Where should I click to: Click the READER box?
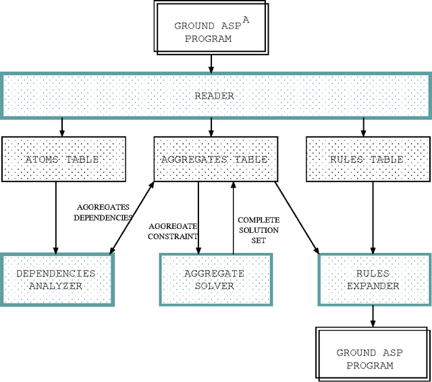pos(215,96)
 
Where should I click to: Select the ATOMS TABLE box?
pos(62,159)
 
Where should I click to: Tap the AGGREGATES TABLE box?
pos(214,159)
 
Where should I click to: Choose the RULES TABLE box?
pos(367,159)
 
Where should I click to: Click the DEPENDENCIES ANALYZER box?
pos(56,279)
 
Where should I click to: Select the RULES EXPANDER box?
pos(373,279)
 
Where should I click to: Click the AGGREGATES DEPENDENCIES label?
pos(103,212)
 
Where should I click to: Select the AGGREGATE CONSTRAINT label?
pos(173,231)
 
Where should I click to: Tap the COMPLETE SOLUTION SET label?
pos(259,229)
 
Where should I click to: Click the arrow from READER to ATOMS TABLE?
pos(62,126)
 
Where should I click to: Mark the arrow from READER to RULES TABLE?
pos(364,126)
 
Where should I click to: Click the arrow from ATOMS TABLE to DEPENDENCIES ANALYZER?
pos(56,217)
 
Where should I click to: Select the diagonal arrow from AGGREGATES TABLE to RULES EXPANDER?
pos(298,217)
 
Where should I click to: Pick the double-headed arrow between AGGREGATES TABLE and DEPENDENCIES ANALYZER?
pos(132,217)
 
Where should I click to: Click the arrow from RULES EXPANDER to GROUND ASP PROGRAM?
pos(373,315)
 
